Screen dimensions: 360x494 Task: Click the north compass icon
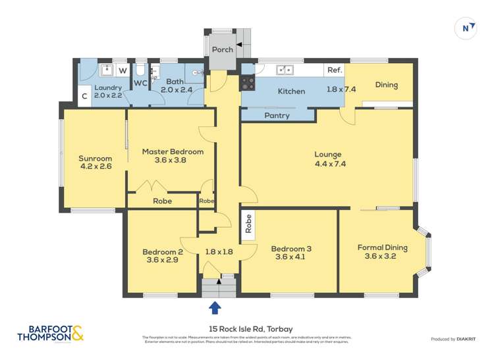pos(466,28)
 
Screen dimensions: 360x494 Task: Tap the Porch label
pos(222,50)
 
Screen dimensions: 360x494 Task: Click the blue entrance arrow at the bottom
pos(215,307)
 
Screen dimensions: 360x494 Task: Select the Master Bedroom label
pos(173,151)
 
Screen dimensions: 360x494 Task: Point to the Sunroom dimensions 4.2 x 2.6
pos(95,167)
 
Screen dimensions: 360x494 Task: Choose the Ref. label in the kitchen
pos(335,70)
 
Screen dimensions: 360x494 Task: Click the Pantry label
pos(277,116)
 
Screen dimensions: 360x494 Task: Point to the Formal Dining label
pos(382,247)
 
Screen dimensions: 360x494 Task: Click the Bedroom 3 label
pos(291,249)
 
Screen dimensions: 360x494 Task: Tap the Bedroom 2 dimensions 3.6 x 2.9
pos(162,260)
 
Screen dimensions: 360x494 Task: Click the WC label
pos(140,84)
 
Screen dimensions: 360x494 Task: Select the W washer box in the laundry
pos(123,70)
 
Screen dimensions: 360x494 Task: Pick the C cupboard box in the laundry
pos(84,97)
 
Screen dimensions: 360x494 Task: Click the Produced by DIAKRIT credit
pos(454,339)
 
